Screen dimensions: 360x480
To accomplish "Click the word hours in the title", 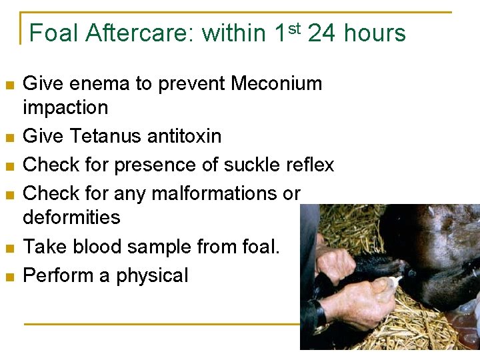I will pos(375,33).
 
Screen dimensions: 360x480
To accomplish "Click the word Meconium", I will pos(276,83).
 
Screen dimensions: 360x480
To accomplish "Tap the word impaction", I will pos(65,107).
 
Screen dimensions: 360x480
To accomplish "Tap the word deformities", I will pos(71,217).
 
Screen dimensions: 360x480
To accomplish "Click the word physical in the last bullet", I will pos(152,275).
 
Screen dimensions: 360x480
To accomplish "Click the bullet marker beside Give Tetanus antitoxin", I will pos(9,137).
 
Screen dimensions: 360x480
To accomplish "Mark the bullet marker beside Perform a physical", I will pos(9,277).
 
